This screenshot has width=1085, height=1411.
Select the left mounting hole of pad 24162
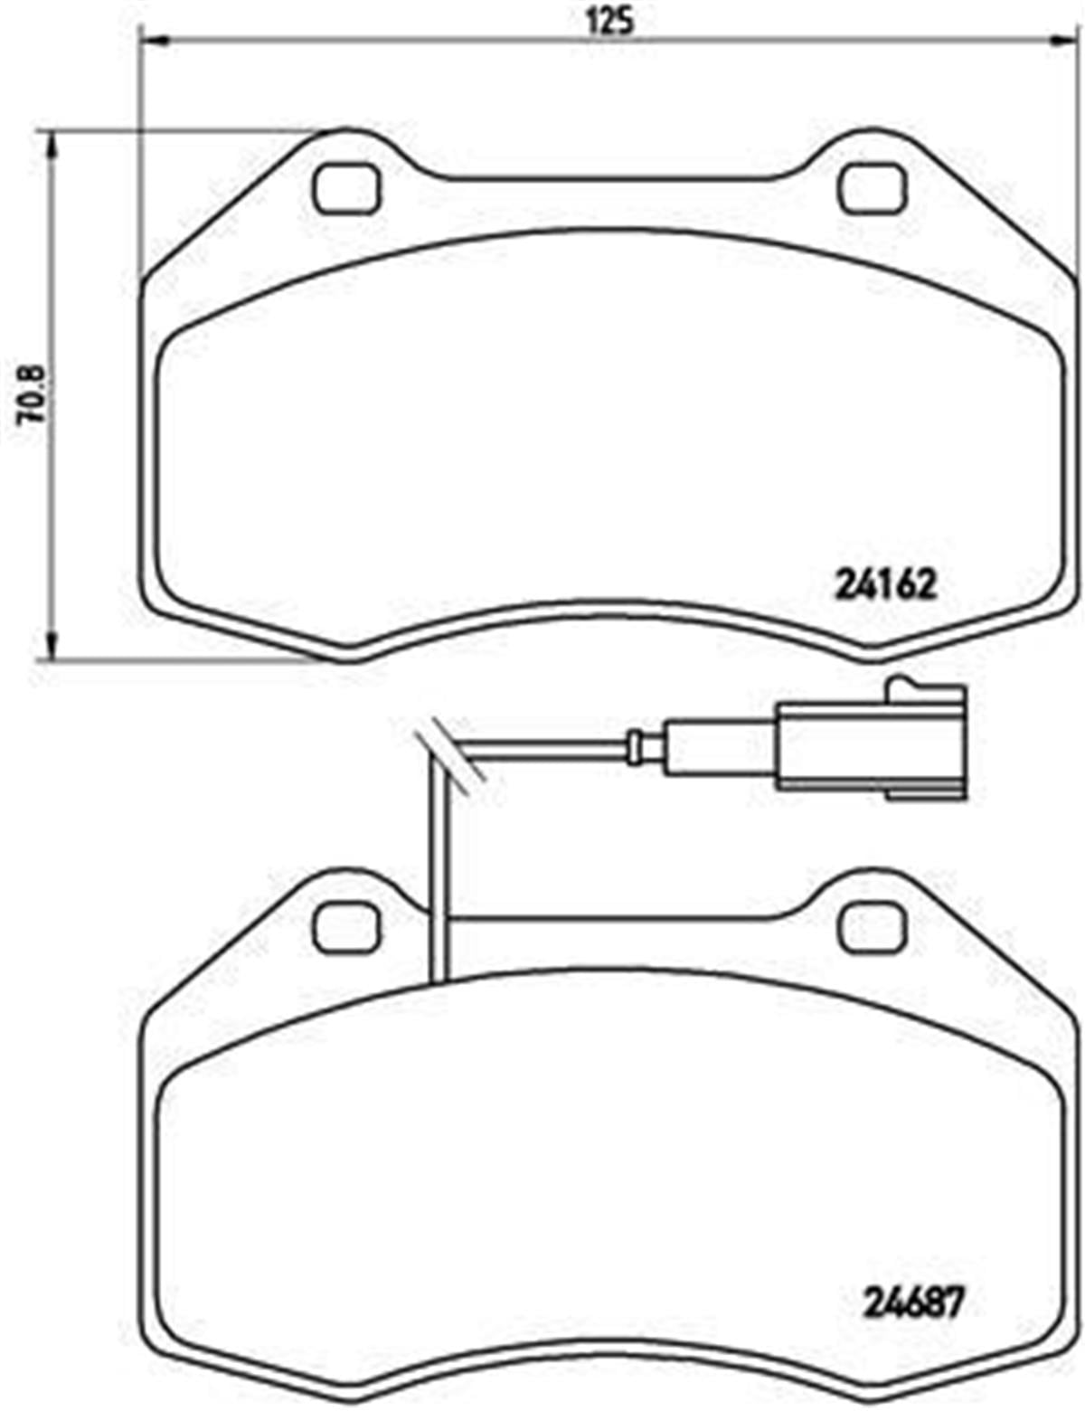(347, 189)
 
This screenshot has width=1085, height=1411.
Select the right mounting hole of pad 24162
(872, 189)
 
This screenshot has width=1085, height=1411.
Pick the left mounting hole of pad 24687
(347, 926)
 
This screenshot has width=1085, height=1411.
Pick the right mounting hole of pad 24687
(872, 926)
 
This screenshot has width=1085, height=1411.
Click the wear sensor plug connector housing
(868, 744)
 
